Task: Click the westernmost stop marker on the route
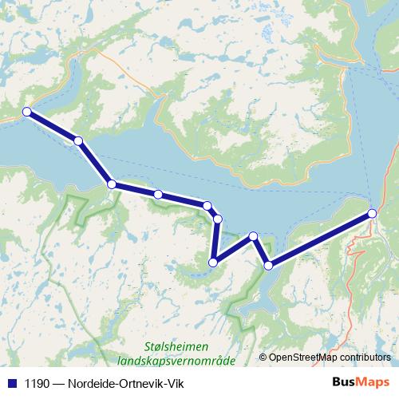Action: (26, 112)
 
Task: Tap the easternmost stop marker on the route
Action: (372, 213)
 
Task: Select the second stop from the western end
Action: (78, 140)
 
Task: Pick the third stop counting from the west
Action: (112, 184)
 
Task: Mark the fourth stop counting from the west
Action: (159, 195)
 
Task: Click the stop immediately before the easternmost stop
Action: (268, 265)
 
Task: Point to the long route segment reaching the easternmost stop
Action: (319, 239)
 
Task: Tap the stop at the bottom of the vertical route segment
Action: (213, 262)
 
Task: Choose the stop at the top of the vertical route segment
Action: (217, 219)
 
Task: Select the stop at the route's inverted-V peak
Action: (253, 236)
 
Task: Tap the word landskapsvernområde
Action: (175, 361)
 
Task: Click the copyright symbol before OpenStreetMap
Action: (263, 358)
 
